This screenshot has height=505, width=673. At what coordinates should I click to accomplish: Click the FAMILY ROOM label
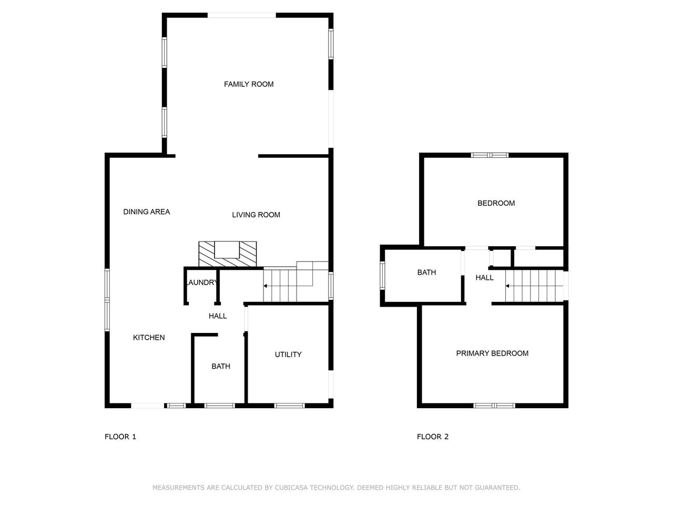pos(249,84)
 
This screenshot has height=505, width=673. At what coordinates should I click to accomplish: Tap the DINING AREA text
pos(147,211)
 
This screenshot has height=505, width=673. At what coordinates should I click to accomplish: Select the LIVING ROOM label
pos(256,215)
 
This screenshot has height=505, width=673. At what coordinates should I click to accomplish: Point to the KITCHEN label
pos(149,337)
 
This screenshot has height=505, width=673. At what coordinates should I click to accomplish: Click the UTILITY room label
pos(288,354)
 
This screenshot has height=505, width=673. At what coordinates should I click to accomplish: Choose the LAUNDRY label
pos(202,282)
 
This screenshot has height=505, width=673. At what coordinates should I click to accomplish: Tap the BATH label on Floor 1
pos(221,366)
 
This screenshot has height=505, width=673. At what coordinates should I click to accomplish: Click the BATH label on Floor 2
pos(426,272)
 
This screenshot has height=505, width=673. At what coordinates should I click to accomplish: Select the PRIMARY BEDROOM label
pos(492,353)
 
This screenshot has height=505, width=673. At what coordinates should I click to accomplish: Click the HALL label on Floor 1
pos(218,316)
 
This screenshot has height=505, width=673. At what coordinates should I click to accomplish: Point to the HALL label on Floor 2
pos(484,278)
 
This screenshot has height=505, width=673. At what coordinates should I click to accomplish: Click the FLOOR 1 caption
pos(120,436)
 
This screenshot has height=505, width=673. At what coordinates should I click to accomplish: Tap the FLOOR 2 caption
pos(433,436)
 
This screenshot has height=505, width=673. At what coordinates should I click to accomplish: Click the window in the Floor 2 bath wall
pos(382,275)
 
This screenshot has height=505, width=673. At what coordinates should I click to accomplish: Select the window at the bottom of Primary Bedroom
pos(494,406)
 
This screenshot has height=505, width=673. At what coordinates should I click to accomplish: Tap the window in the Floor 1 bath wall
pos(220,406)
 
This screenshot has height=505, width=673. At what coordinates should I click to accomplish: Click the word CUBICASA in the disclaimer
pos(291,487)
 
